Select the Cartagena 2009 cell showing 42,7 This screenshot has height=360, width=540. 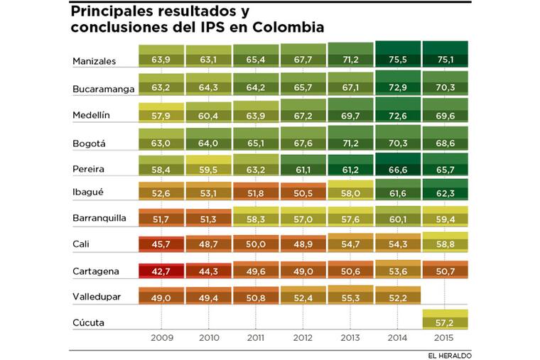(161, 271)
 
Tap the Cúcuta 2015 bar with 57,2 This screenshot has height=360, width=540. (445, 322)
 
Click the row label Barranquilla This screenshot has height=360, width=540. (100, 218)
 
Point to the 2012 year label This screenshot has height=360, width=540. (304, 339)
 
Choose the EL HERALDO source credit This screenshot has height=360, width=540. (449, 355)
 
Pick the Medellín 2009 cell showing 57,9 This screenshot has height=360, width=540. (161, 114)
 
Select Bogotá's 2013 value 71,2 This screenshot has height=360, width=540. (352, 143)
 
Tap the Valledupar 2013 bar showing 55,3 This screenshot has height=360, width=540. (352, 296)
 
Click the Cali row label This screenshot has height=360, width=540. (81, 244)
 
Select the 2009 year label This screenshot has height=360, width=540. (161, 339)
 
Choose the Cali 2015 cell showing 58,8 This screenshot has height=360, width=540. (445, 244)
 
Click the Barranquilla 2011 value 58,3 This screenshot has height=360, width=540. (256, 218)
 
